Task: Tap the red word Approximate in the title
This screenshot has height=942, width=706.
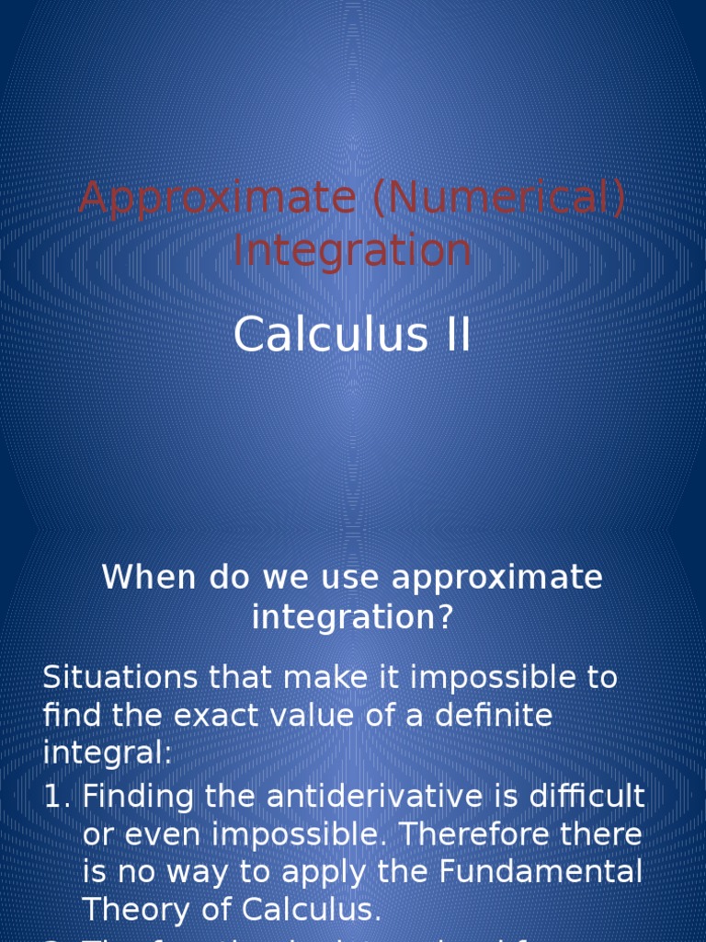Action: click(x=217, y=199)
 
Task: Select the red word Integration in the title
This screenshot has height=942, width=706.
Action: click(x=352, y=250)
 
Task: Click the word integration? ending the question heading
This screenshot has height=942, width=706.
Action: click(x=353, y=617)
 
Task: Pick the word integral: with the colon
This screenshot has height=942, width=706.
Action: click(x=108, y=753)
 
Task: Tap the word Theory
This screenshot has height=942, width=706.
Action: click(x=134, y=910)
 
